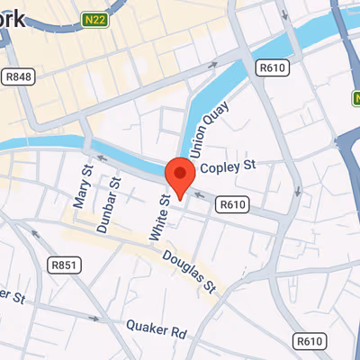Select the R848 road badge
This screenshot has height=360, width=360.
coord(18,76)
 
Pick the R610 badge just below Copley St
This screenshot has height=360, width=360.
coord(232,205)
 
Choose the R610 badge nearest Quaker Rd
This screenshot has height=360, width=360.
coord(309,340)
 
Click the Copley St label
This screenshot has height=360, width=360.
coord(229,166)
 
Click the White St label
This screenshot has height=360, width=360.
coord(157,217)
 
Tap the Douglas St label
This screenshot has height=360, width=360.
coord(191,270)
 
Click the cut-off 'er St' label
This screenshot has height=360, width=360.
coord(10,295)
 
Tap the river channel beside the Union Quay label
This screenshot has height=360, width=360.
coord(191,126)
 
